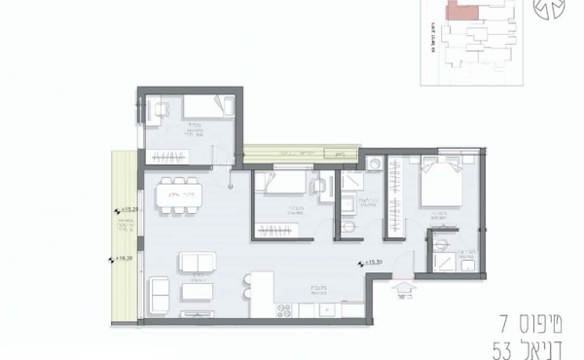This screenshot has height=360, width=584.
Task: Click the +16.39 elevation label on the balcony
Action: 123,259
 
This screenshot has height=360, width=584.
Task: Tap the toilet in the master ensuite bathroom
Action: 441,242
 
